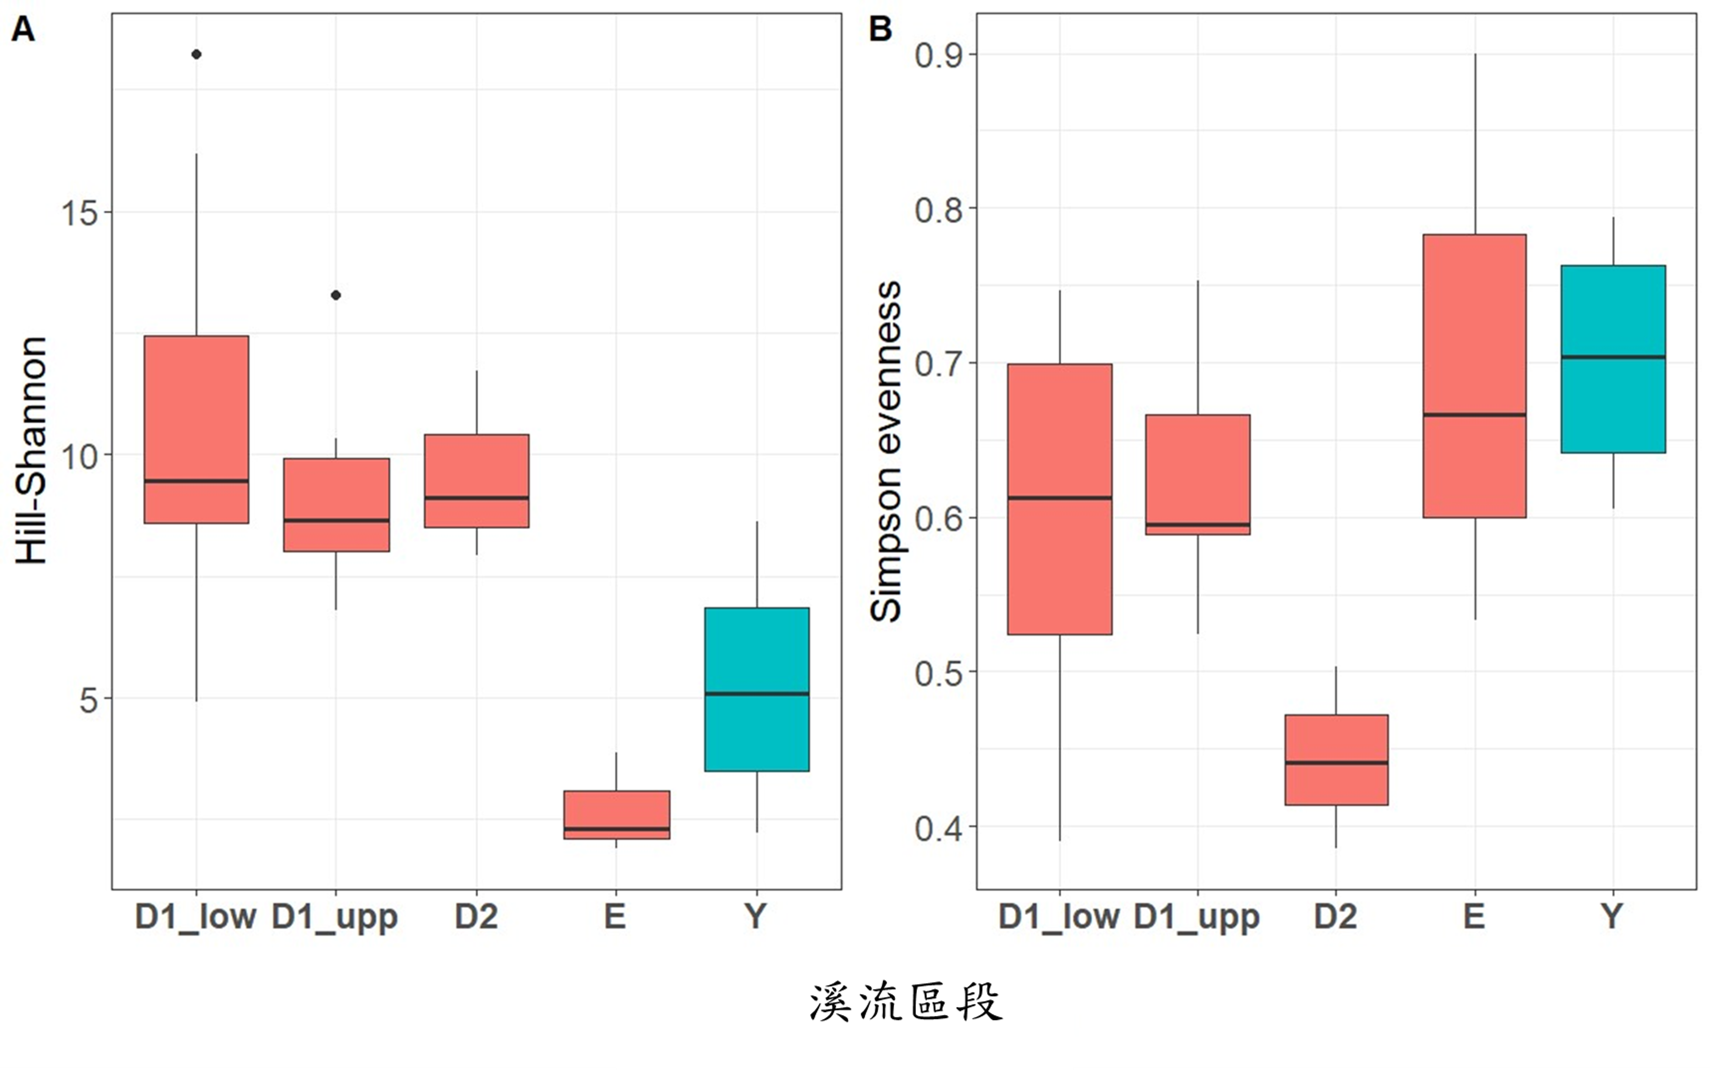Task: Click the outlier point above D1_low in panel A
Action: click(x=197, y=54)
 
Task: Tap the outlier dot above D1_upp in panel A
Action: click(x=336, y=295)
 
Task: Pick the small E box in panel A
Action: click(x=617, y=815)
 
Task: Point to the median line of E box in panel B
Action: click(x=1474, y=415)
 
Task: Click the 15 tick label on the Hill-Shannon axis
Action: click(x=80, y=212)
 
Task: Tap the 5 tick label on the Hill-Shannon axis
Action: click(x=88, y=699)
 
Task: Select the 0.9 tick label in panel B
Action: click(x=939, y=55)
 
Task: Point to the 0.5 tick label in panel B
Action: click(x=939, y=673)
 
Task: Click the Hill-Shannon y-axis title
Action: click(x=31, y=450)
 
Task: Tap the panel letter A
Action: click(x=23, y=29)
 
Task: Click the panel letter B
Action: click(x=880, y=29)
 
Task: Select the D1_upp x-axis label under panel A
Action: click(x=335, y=917)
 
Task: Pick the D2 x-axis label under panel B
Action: click(x=1336, y=917)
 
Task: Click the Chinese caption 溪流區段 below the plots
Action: click(x=906, y=1002)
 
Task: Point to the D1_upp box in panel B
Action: click(x=1198, y=474)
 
